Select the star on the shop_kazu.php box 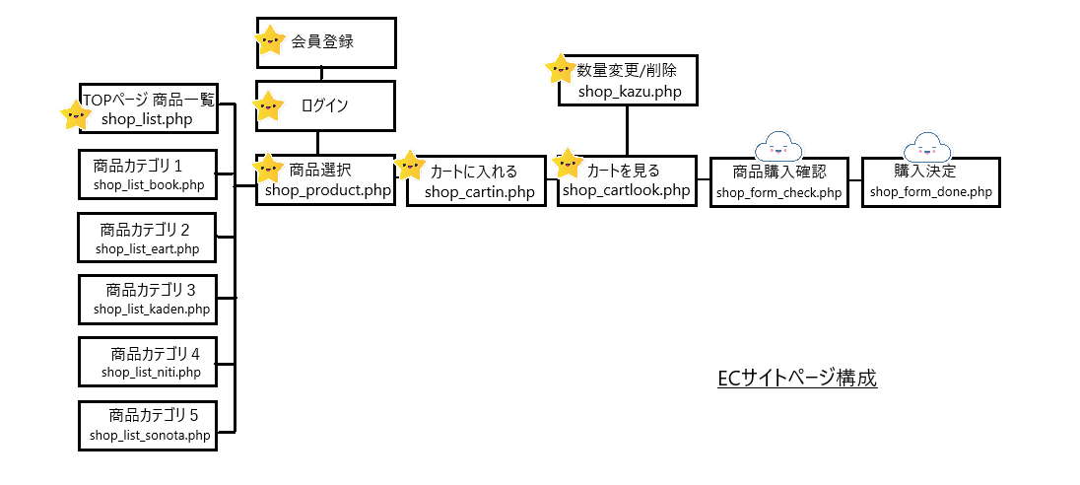pos(560,70)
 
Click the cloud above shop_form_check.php pos(778,148)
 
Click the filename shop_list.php pos(146,119)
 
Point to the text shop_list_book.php pos(149,184)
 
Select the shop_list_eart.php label pos(148,248)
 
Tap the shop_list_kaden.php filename pos(152,310)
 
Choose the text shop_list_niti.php pos(151,372)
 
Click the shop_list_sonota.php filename pos(150,435)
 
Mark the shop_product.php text pos(328,189)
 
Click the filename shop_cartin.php pos(481,192)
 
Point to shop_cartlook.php pos(627,190)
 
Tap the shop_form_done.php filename pos(930,191)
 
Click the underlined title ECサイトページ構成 pos(797,379)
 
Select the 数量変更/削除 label pos(627,71)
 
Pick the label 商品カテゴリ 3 pos(151,290)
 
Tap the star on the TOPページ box pos(76,115)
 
